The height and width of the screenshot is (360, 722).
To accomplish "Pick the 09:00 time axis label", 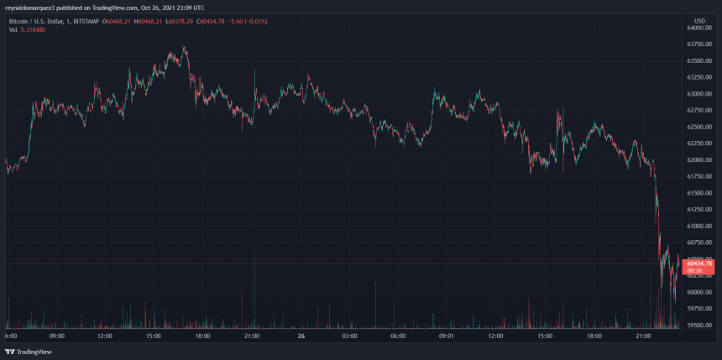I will coord(56,336).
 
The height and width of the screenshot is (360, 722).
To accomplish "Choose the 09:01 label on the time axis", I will coord(447,336).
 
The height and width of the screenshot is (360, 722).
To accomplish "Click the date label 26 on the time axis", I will coord(301,336).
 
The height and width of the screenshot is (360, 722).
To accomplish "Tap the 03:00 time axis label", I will coord(349,336).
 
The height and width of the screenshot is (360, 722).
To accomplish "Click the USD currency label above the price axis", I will coord(699,19).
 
